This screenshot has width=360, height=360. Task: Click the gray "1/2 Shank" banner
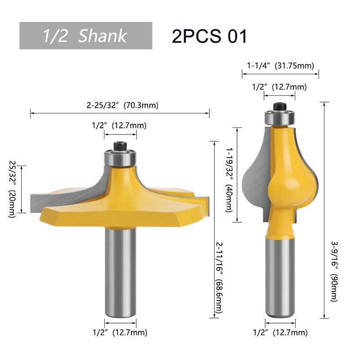tap(85, 36)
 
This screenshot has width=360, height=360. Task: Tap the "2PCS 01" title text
tap(209, 36)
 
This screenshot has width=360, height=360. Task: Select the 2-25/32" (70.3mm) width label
tap(122, 105)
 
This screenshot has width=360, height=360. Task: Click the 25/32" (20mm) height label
tap(12, 189)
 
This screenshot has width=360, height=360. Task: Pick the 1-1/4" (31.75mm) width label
tap(280, 66)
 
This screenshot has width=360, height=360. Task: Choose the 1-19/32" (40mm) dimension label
tap(229, 180)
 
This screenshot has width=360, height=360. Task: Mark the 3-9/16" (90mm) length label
tap(334, 271)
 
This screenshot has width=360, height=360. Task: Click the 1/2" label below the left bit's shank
tap(120, 333)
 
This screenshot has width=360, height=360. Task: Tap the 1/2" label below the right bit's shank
tap(280, 333)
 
